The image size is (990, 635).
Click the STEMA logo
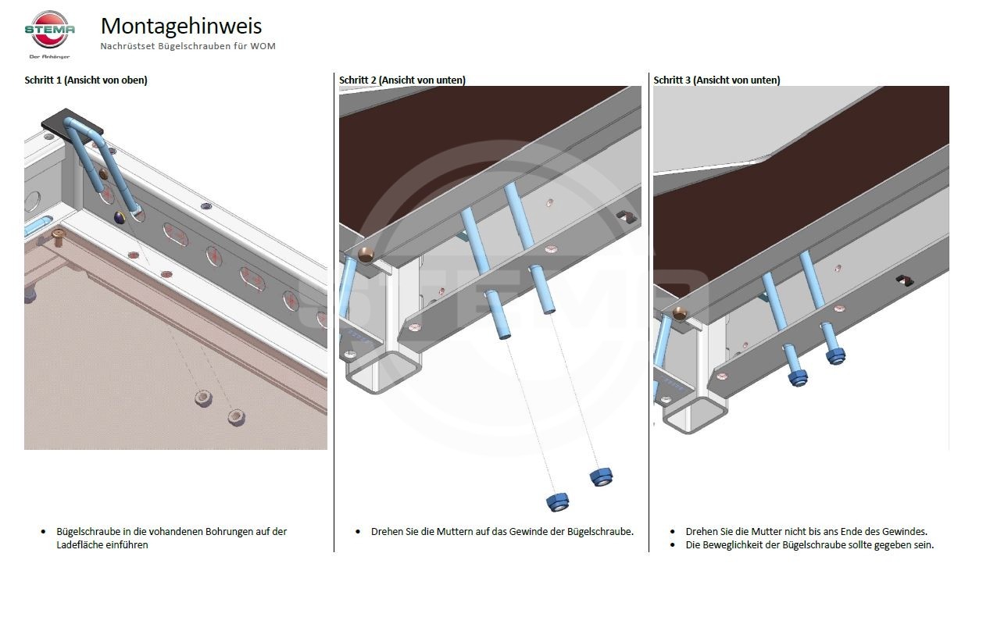click(x=49, y=34)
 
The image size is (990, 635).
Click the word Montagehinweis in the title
click(x=181, y=26)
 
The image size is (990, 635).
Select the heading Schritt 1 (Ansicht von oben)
click(x=86, y=80)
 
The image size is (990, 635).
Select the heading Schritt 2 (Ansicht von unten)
click(x=402, y=80)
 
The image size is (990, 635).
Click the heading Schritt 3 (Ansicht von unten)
click(x=717, y=80)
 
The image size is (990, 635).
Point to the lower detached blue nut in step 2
click(x=558, y=502)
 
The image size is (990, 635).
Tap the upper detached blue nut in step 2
click(x=601, y=476)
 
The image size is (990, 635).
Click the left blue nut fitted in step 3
click(x=798, y=378)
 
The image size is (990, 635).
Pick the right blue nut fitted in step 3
click(x=836, y=355)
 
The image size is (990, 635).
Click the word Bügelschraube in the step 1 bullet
click(x=88, y=532)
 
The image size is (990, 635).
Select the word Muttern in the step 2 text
click(x=454, y=532)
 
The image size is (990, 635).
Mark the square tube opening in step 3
click(x=695, y=415)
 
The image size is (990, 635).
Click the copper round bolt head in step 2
click(x=366, y=255)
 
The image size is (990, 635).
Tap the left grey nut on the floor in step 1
click(x=203, y=398)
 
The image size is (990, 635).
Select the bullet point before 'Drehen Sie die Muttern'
click(x=358, y=532)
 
